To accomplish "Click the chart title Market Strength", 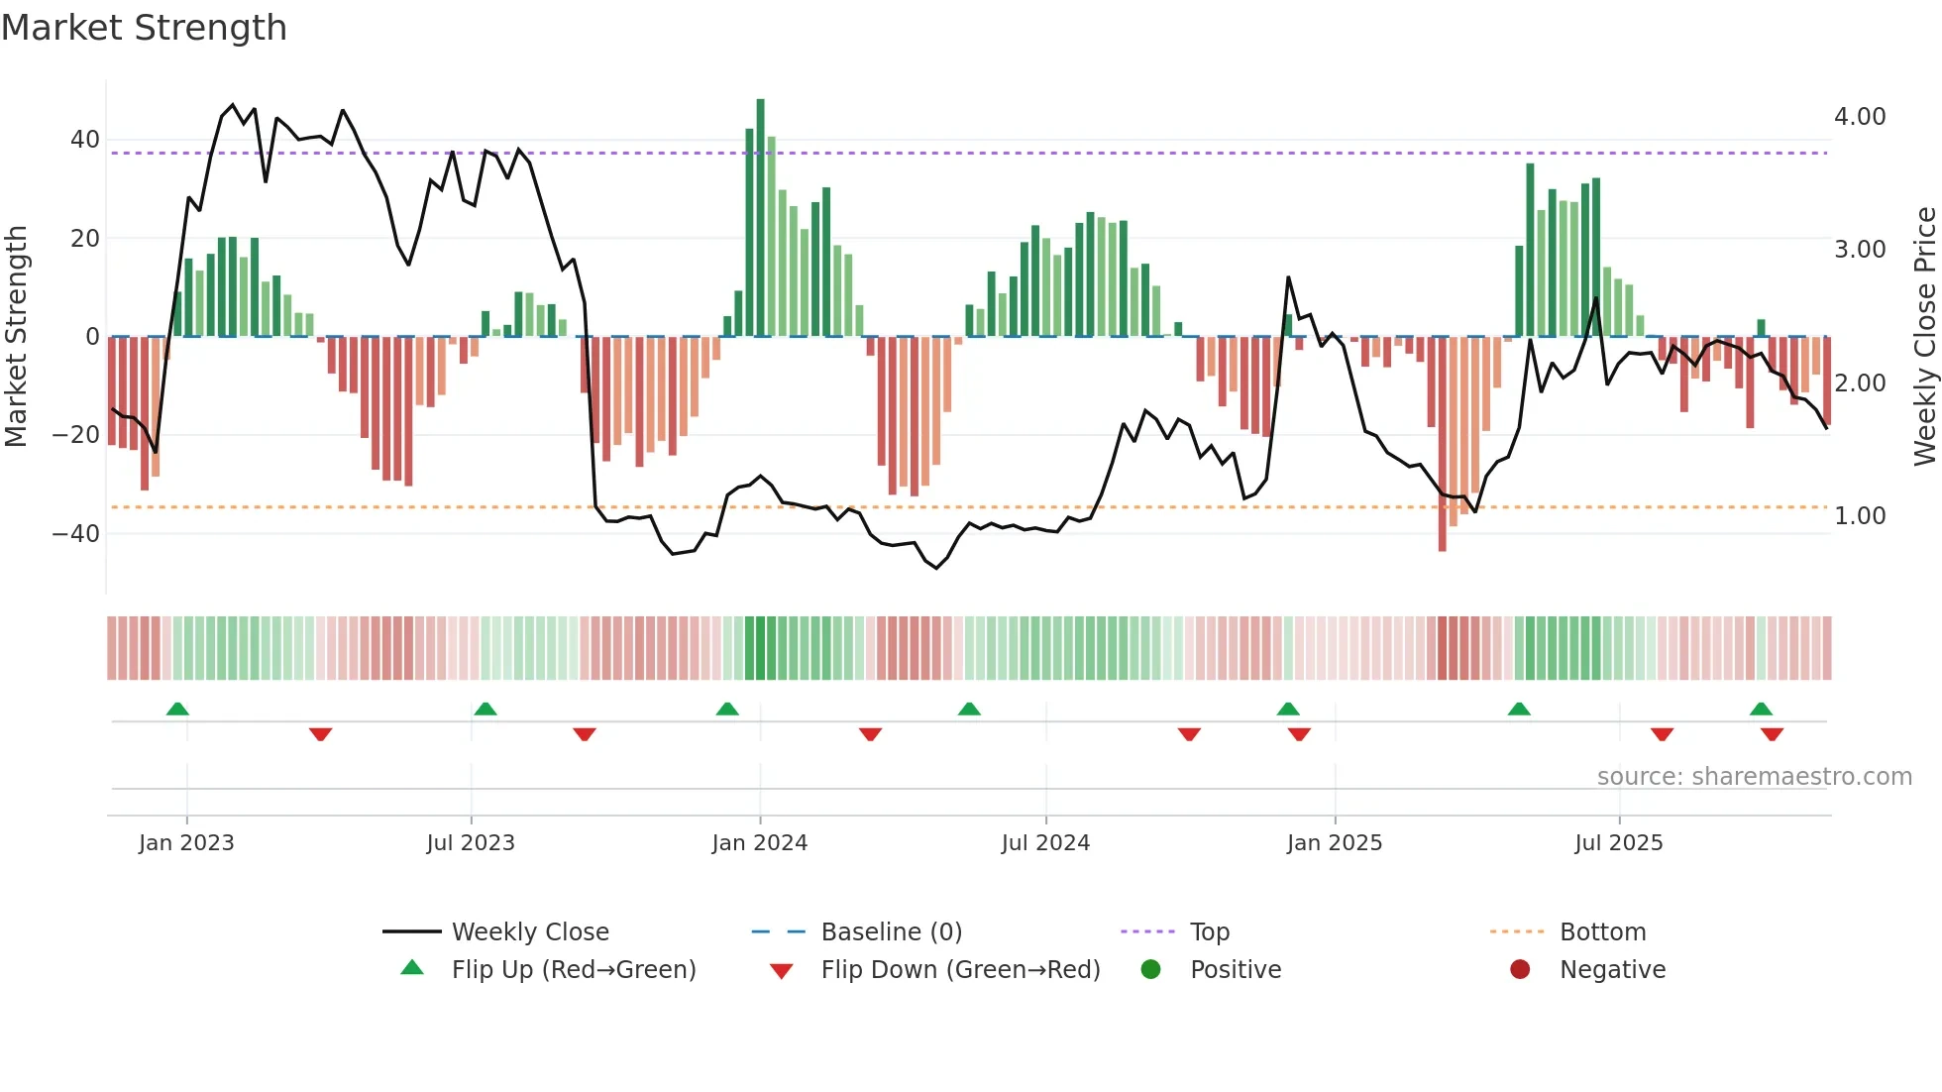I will click(x=144, y=28).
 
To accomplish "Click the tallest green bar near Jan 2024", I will click(x=760, y=218).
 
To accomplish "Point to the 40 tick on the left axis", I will click(x=84, y=140).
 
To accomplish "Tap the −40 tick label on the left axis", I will click(x=76, y=534).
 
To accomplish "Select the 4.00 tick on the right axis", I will click(x=1859, y=117).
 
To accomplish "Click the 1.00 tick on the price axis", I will click(x=1859, y=516).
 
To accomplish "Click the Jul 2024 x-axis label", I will click(x=1045, y=843).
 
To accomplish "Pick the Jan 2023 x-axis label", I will click(x=186, y=843).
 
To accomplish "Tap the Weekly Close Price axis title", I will click(x=1924, y=337).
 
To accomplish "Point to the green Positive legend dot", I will click(x=1150, y=970).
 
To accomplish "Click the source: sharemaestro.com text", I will click(x=1754, y=777).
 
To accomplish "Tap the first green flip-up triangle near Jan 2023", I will click(x=177, y=710).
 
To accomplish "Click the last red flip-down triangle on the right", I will click(x=1772, y=734).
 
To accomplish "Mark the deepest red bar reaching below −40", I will click(x=1442, y=446).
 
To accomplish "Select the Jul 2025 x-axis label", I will click(x=1618, y=843).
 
